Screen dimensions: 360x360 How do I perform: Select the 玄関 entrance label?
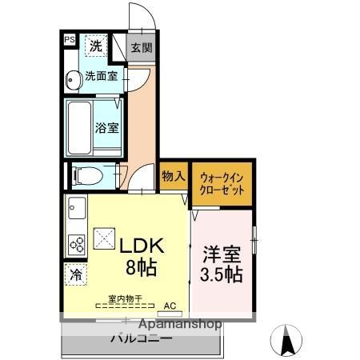(141, 46)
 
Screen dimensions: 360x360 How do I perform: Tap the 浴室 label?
(107, 126)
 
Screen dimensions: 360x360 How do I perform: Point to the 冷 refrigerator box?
(75, 274)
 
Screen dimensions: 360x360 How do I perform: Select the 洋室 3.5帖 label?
(221, 262)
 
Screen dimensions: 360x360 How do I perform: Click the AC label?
(170, 305)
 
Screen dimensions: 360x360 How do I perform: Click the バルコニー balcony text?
(140, 338)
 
